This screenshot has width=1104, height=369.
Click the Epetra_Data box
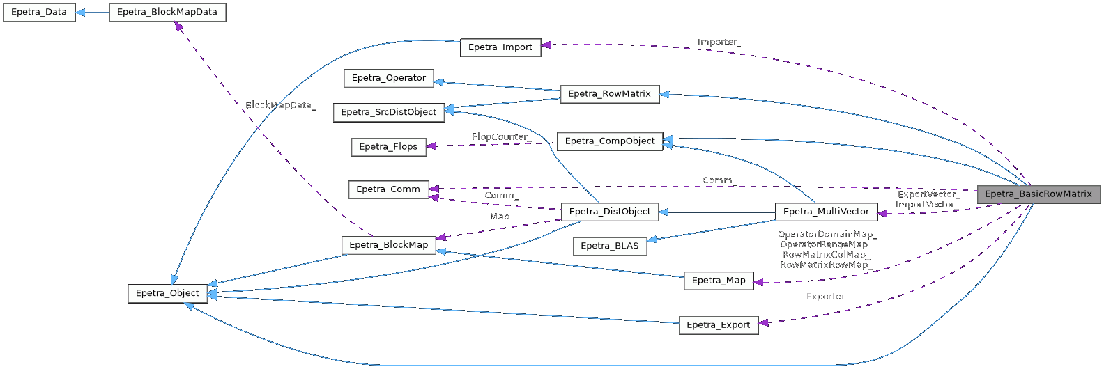click(x=39, y=13)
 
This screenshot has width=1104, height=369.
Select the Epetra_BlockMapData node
click(x=167, y=13)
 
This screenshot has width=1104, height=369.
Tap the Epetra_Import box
click(x=500, y=47)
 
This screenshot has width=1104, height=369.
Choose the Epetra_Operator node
click(x=389, y=78)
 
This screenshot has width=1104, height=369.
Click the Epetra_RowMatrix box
click(x=609, y=94)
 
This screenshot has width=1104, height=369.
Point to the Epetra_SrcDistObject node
click(x=389, y=112)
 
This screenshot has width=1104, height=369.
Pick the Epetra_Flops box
click(x=388, y=147)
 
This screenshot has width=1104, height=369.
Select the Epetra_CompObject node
click(x=610, y=141)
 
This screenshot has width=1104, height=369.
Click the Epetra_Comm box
click(x=388, y=189)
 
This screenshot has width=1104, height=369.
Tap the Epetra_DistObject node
click(x=610, y=212)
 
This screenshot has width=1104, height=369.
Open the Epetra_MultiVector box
click(x=826, y=212)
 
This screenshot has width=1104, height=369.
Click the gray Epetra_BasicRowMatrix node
click(x=1038, y=194)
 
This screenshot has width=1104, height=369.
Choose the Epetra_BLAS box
click(x=610, y=246)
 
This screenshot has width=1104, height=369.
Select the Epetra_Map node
click(x=719, y=281)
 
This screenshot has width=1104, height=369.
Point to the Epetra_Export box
click(x=719, y=325)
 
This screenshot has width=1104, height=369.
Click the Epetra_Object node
click(x=167, y=294)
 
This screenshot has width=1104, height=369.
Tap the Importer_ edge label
click(x=719, y=42)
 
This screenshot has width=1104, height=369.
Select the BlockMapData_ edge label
click(x=280, y=105)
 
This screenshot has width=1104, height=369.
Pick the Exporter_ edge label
click(x=827, y=297)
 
